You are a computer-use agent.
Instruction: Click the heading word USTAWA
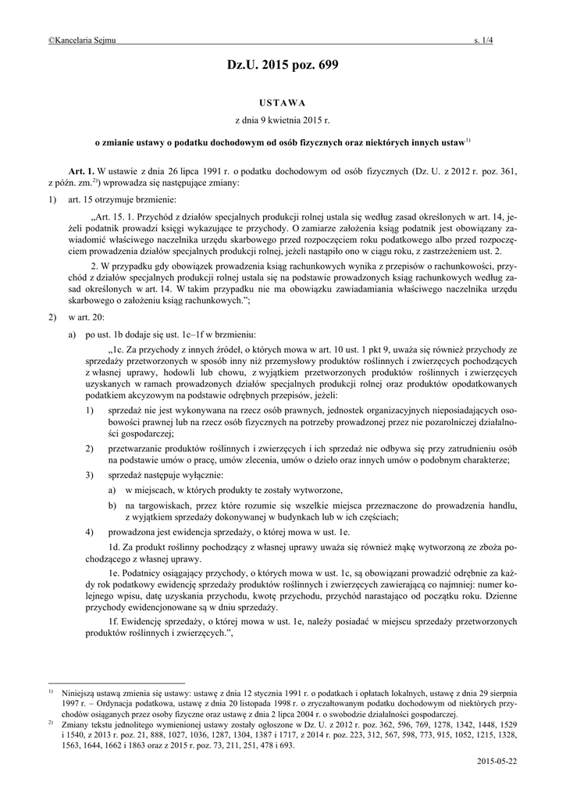tap(283, 102)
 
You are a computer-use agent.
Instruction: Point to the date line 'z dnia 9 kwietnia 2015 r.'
tap(283, 121)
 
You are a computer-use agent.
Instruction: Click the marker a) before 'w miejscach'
tap(113, 490)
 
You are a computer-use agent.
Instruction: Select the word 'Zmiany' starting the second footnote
tap(77, 723)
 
